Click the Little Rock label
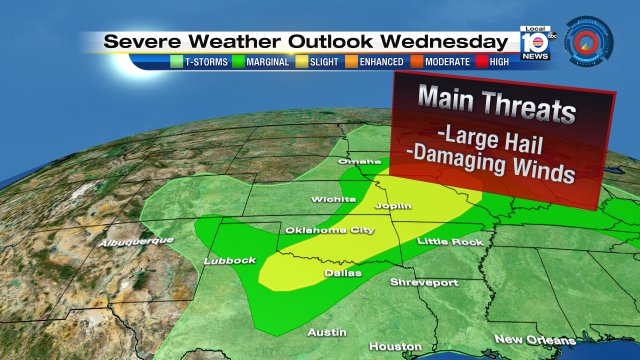[450, 241]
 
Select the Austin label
[327, 331]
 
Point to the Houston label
[388, 346]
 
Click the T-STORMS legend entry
[204, 61]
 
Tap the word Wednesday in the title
[441, 41]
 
